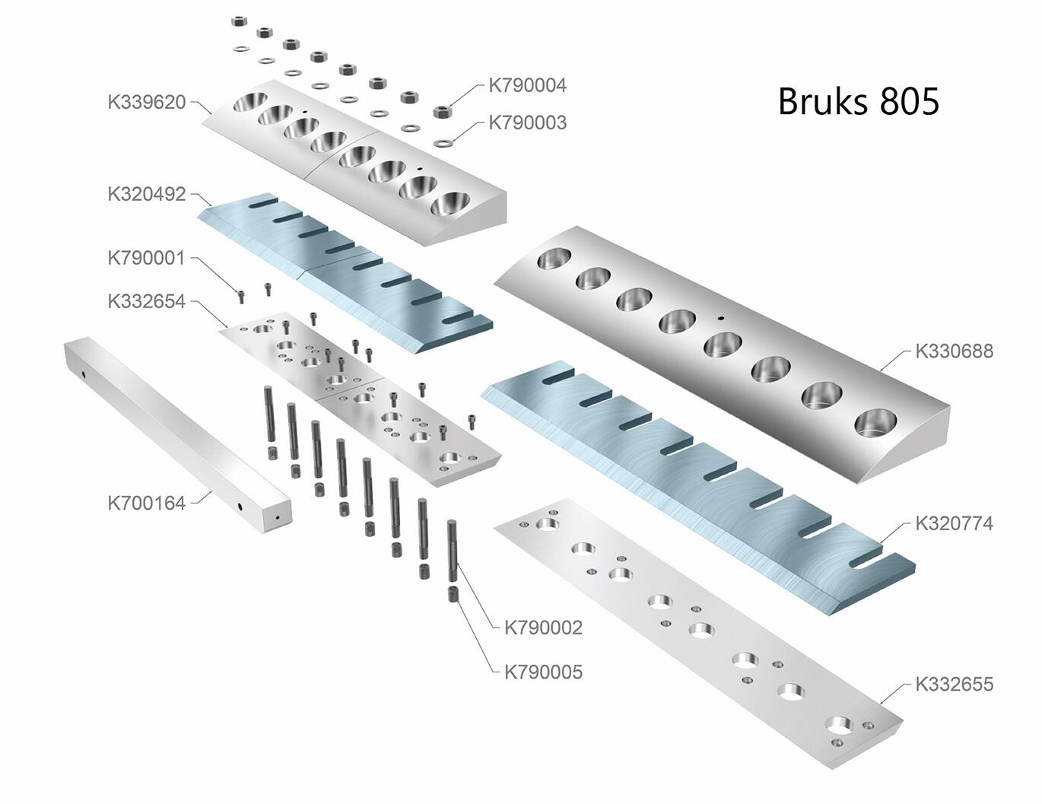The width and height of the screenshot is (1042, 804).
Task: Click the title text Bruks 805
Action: click(x=858, y=101)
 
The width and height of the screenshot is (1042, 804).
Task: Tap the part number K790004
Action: click(x=527, y=86)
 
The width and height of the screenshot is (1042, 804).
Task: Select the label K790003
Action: click(x=527, y=123)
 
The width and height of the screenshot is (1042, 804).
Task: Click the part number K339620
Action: click(x=147, y=103)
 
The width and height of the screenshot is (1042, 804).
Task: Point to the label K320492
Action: click(x=147, y=195)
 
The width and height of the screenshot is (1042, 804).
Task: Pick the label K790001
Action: click(x=147, y=259)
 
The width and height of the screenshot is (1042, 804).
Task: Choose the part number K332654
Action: click(x=147, y=302)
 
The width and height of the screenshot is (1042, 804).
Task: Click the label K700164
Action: click(x=147, y=504)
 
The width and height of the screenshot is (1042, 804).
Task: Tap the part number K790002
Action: click(x=543, y=628)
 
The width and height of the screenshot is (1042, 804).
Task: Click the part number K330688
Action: click(x=954, y=351)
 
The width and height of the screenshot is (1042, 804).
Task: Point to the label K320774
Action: click(x=954, y=524)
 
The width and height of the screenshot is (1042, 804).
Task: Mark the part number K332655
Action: click(x=954, y=685)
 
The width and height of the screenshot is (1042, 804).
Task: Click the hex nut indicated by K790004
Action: click(x=440, y=112)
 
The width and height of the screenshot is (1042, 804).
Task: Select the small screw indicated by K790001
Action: click(x=241, y=296)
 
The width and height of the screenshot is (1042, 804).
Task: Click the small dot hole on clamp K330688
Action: click(x=720, y=318)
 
